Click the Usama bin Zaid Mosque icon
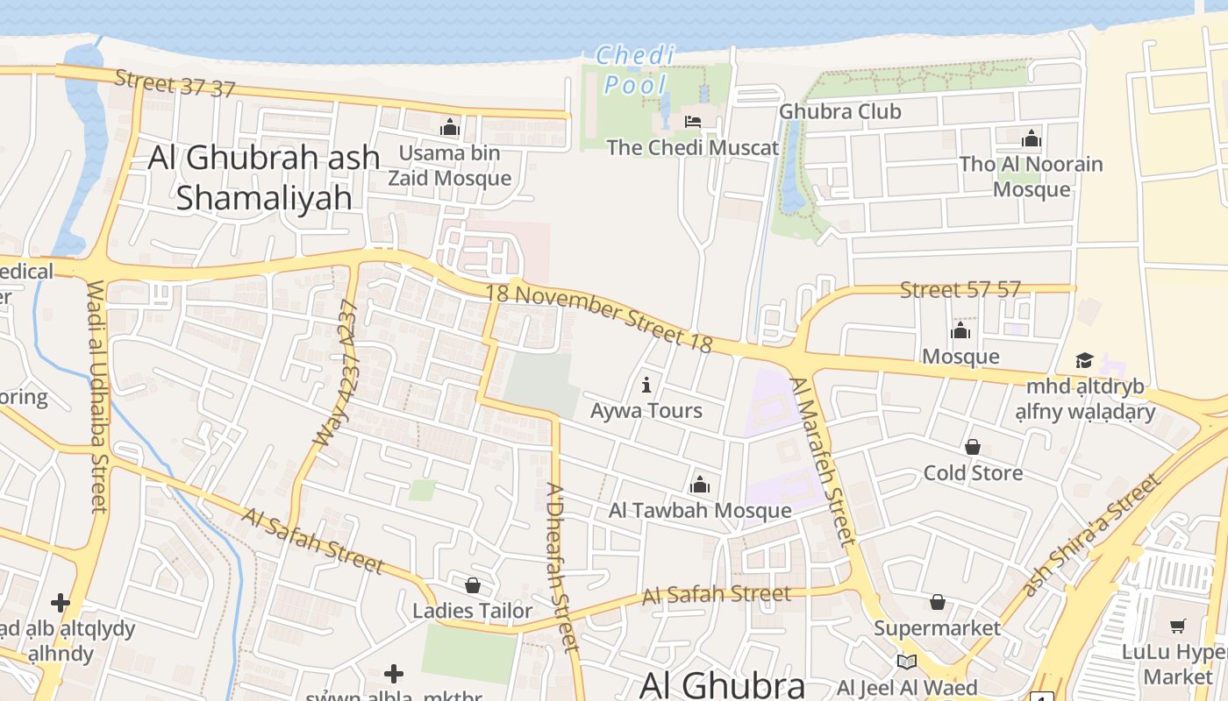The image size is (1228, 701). tap(450, 128)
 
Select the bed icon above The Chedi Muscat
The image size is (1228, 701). tap(693, 122)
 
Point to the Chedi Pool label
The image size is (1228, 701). tap(636, 70)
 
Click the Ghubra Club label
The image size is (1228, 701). tap(839, 111)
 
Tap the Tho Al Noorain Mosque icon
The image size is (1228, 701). tap(1031, 138)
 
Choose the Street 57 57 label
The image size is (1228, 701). tap(960, 290)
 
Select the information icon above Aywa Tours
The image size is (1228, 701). tap(646, 385)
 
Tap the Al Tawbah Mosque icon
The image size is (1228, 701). tap(700, 485)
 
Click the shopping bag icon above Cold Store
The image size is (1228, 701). tap(972, 448)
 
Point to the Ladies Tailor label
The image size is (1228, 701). tap(472, 611)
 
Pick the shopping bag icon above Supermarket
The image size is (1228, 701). tap(937, 602)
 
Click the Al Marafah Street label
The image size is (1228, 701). tap(822, 461)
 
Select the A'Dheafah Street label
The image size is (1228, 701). tap(563, 567)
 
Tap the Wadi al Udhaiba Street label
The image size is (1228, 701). tap(96, 396)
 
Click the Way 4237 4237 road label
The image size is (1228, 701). tap(337, 373)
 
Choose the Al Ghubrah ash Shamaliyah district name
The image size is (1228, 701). tap(264, 177)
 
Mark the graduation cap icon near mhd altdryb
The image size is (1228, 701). tap(1084, 361)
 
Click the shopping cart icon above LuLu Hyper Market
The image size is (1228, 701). tap(1177, 626)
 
